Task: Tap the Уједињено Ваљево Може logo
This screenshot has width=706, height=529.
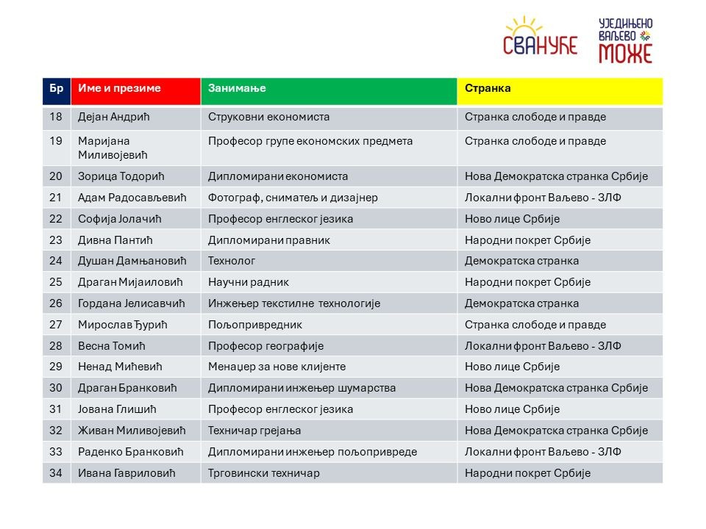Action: click(625, 40)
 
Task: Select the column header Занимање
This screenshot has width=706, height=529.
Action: click(237, 88)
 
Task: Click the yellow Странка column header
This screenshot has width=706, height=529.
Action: click(488, 88)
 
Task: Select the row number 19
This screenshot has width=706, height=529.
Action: click(56, 141)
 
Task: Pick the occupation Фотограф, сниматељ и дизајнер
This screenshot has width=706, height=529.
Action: click(293, 198)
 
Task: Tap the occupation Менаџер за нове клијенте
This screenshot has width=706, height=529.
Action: click(277, 367)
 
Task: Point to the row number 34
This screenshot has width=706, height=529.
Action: click(56, 473)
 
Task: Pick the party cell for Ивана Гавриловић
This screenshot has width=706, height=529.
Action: click(527, 473)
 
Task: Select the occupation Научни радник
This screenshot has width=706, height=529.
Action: click(249, 282)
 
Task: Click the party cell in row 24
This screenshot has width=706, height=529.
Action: click(521, 261)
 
